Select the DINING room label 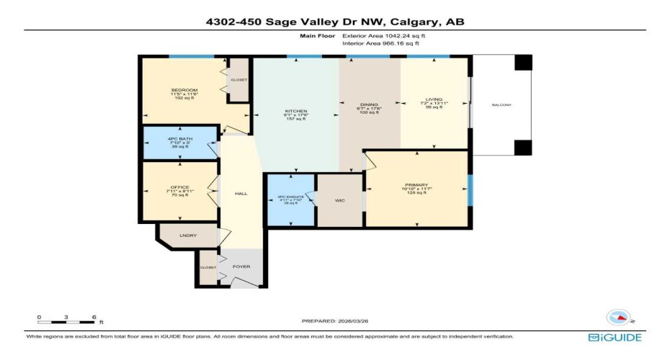coord(370,105)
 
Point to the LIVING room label coord(434,100)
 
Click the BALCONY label coord(501,105)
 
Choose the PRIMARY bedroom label coord(416,186)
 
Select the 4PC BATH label coord(181,138)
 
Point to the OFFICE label coord(180,188)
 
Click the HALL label coord(241,194)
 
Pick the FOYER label coord(241,267)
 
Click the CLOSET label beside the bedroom coord(238,80)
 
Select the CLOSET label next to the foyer coord(207,266)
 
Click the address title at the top coord(335,22)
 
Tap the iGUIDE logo coord(615,337)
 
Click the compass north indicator coord(620,318)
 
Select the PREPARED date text coord(335,320)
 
